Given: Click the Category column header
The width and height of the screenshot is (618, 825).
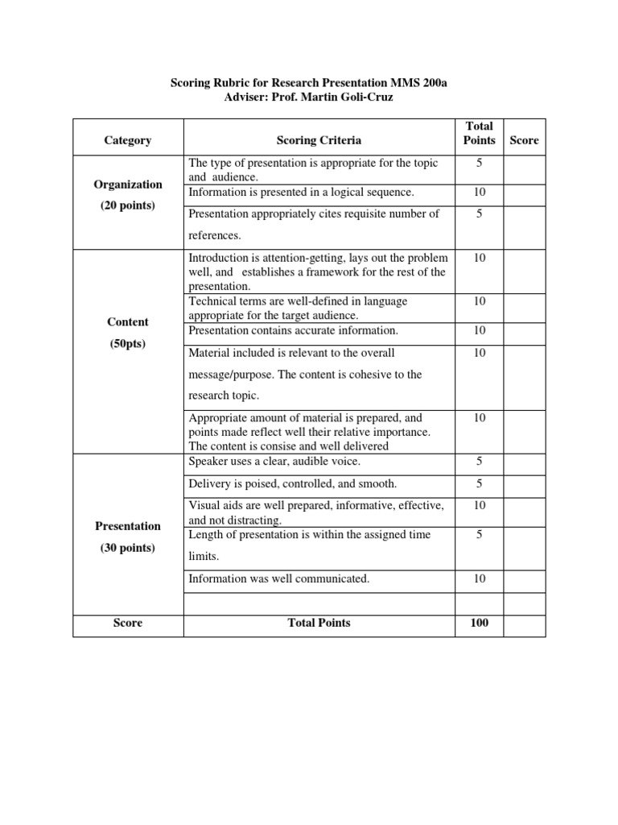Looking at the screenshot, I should point(128,140).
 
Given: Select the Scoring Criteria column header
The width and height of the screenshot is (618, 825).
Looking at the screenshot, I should point(319,140).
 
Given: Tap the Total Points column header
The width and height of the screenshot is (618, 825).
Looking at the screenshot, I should point(479,133).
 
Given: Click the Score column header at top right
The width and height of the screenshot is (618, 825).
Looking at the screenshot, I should point(524,140).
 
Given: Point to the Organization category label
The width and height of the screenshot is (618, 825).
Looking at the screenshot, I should point(128,184).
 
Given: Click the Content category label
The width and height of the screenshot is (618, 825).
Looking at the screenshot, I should point(128,321).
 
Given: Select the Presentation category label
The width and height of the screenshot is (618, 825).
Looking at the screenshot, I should point(128,526).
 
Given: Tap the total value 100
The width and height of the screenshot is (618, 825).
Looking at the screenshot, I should point(479,623).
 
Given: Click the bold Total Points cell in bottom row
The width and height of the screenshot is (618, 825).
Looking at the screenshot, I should point(319,623).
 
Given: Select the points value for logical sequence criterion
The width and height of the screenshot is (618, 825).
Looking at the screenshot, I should point(479,193).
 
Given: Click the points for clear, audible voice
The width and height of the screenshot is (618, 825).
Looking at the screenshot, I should point(479,462).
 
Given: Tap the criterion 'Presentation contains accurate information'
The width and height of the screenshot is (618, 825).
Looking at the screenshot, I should point(293,330).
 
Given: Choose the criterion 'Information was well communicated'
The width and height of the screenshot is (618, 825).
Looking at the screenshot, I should point(278,578).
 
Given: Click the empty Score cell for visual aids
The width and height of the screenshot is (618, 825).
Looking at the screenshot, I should point(524,512).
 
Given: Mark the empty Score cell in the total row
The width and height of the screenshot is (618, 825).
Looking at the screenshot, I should point(524,625).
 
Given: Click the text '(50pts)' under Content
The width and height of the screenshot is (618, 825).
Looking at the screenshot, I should point(128,344).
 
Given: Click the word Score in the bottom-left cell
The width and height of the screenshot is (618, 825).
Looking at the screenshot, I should point(128,623).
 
